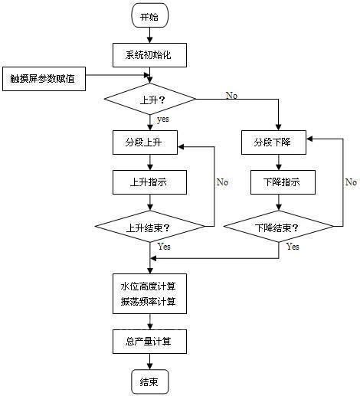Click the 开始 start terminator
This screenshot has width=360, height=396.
pyautogui.click(x=150, y=16)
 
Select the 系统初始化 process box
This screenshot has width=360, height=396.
pyautogui.click(x=150, y=55)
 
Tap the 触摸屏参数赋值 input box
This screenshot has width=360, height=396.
pyautogui.click(x=44, y=78)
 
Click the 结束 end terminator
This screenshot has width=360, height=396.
pyautogui.click(x=150, y=381)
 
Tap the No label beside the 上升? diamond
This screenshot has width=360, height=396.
pyautogui.click(x=231, y=94)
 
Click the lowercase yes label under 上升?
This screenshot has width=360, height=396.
pyautogui.click(x=163, y=119)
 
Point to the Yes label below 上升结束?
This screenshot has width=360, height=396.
pyautogui.click(x=164, y=247)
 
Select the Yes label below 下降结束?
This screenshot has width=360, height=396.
pyautogui.click(x=293, y=247)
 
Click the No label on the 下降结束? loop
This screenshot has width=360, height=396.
pyautogui.click(x=350, y=182)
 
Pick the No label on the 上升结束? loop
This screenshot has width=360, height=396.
pyautogui.click(x=222, y=182)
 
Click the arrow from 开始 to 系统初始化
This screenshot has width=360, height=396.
pyautogui.click(x=150, y=35)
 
